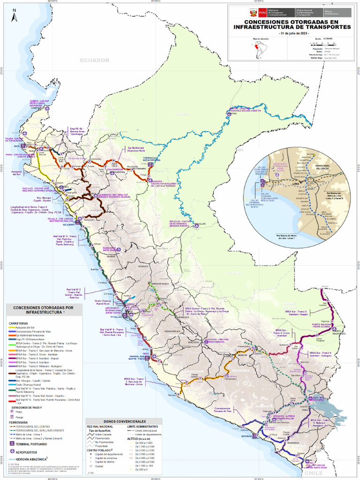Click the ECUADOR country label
click(94, 60)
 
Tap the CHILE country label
click(315, 473)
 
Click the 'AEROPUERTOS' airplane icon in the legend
click(12, 452)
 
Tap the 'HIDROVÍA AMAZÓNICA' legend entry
click(32, 459)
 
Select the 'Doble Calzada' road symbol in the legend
click(91, 434)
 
